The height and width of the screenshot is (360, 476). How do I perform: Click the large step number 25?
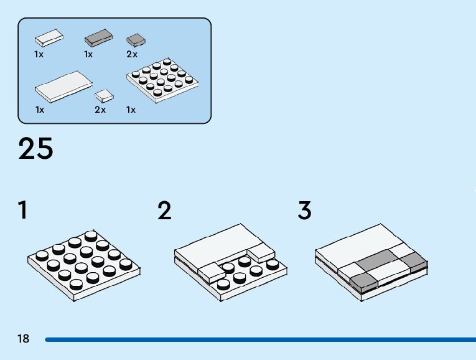[x=36, y=149]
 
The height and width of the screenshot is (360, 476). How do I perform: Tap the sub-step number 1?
[x=23, y=211]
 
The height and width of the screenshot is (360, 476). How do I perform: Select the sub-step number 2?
[x=164, y=211]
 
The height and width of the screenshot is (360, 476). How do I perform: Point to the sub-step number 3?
[x=304, y=211]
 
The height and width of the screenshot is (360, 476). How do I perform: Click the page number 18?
[x=24, y=339]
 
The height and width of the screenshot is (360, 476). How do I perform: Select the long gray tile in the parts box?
[x=99, y=38]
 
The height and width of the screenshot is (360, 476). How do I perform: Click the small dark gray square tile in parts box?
[x=136, y=40]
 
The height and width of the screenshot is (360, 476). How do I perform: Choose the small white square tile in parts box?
[x=105, y=96]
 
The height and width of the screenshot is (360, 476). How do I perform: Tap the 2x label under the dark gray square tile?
[x=132, y=54]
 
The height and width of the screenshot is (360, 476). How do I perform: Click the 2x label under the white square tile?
[x=100, y=110]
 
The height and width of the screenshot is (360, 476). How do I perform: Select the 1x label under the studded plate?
[x=131, y=110]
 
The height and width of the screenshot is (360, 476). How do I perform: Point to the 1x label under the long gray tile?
[x=88, y=54]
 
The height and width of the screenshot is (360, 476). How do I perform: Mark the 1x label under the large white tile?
[x=40, y=110]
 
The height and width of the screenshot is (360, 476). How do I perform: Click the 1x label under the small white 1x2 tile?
[x=39, y=54]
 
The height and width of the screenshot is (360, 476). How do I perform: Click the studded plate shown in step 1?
[x=83, y=265]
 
